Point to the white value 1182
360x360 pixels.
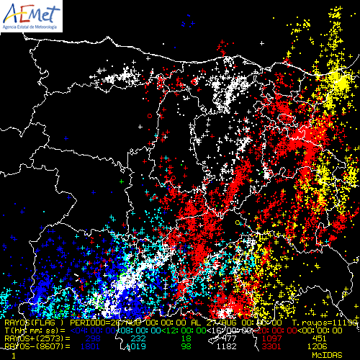tap(230, 346)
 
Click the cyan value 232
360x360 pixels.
tap(138, 338)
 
